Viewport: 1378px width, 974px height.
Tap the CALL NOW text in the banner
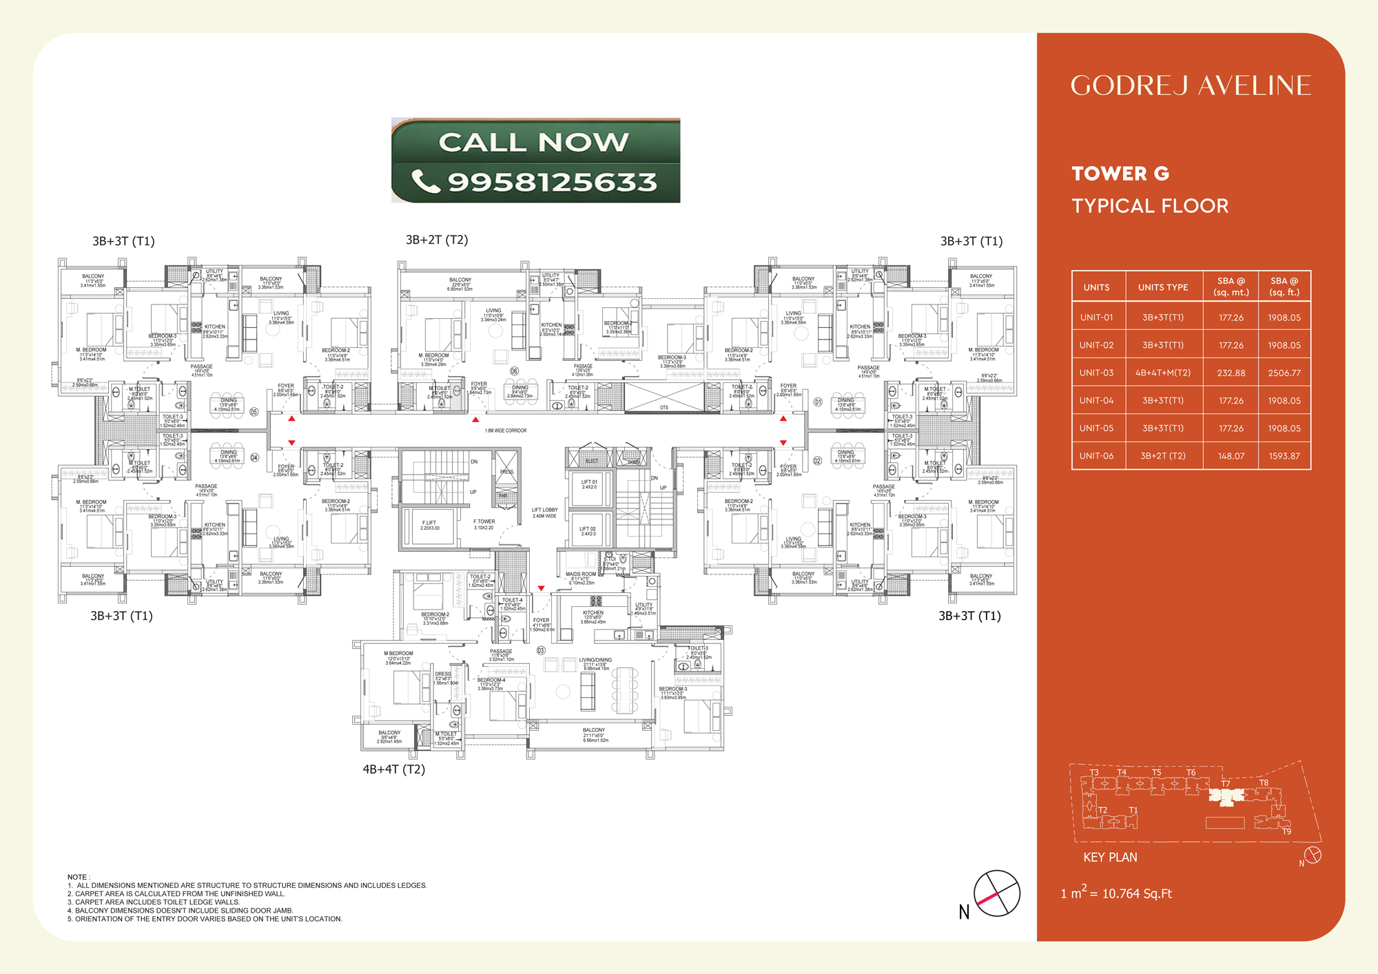(534, 142)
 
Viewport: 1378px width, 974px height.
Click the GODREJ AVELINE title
(1191, 85)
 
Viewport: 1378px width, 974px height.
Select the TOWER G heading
(1120, 174)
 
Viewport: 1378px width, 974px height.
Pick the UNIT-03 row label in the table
(1096, 373)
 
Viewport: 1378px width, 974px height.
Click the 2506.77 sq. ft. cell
(1284, 373)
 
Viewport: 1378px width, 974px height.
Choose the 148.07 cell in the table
(1231, 456)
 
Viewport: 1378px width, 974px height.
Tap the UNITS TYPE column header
(1163, 287)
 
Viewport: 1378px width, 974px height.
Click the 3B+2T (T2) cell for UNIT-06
(1163, 456)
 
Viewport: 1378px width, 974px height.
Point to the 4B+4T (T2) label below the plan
(393, 769)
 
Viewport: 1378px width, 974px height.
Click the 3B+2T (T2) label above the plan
(437, 240)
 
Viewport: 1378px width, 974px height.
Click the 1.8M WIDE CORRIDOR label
(506, 431)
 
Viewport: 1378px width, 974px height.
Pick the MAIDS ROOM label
(581, 574)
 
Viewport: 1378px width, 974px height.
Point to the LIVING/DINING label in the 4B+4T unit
(595, 660)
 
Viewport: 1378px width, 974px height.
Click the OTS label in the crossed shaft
(664, 408)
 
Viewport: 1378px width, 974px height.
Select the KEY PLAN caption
(1110, 858)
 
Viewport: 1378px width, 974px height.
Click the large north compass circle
(996, 893)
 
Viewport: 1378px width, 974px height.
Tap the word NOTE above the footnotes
(77, 877)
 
